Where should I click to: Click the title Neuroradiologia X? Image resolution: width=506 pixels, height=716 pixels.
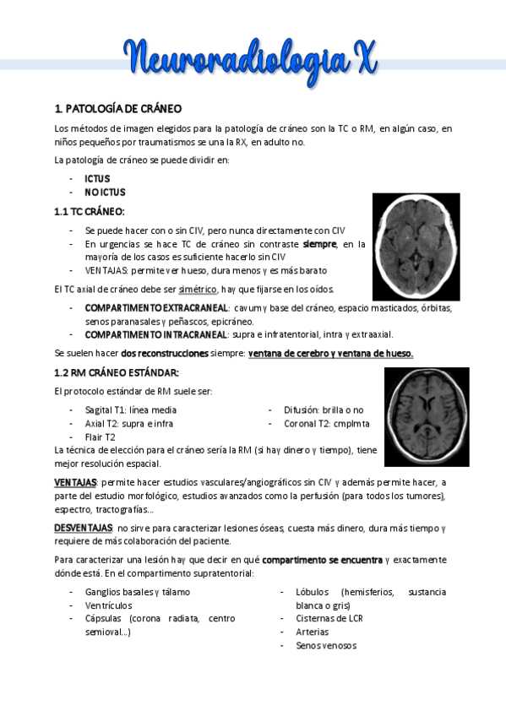point(253,58)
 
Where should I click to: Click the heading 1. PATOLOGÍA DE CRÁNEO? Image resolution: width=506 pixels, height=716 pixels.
point(117,109)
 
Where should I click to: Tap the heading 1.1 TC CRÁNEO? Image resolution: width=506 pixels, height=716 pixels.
point(89,211)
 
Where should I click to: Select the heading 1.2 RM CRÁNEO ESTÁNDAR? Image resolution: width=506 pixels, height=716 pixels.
point(117,372)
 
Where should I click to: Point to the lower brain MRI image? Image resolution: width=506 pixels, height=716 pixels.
point(427,417)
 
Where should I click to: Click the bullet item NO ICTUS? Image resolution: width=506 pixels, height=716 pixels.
point(105,193)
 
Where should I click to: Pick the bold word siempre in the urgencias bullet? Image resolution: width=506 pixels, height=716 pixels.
point(319,244)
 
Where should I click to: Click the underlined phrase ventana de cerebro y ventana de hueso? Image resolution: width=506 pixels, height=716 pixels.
point(330,353)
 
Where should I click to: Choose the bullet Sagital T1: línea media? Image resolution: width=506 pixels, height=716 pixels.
point(131,410)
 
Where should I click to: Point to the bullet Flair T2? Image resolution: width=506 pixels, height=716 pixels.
point(101,437)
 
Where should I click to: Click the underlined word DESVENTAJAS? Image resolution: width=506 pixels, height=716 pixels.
point(83,527)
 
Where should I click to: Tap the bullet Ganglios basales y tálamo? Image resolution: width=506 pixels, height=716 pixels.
point(138,592)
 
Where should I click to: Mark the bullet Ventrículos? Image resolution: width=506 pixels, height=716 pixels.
point(108,605)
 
